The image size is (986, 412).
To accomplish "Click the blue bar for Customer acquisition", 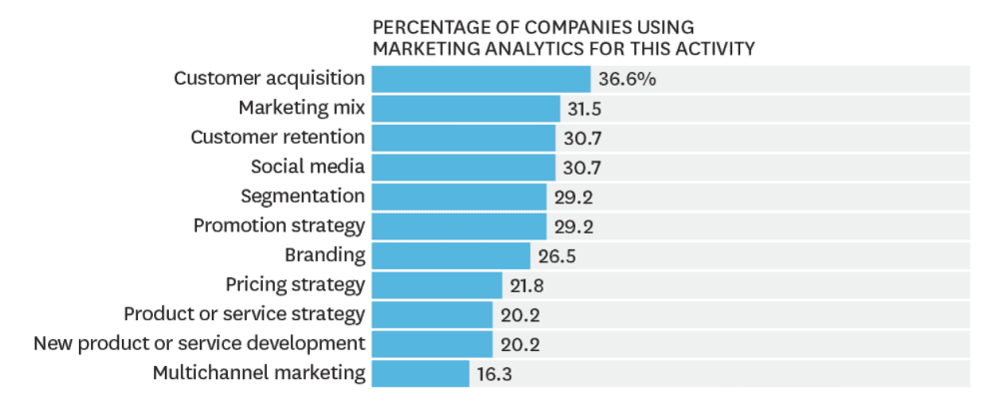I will pos(481,79).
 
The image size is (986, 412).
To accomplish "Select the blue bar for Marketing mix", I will pos(466,108).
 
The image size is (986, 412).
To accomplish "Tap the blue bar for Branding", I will pos(451,255).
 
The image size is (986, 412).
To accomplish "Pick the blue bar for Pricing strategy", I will pos(437,285).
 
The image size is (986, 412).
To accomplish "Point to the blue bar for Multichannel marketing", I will pos(420,373).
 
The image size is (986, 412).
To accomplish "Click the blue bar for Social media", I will pos(464,167).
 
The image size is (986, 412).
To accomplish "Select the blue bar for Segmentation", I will pos(459,197).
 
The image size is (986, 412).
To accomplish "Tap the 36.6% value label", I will pos(626,79).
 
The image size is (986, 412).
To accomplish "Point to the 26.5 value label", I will pos(557,255).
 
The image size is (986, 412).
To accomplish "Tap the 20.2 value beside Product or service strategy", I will pos(519,314).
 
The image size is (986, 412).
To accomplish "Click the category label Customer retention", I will pos(278,137).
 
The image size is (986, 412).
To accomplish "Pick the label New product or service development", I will pos(200,344).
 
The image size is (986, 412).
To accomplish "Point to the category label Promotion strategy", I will pos(279,225).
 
